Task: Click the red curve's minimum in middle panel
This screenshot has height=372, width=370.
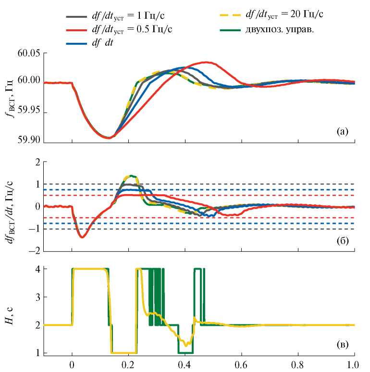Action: point(82,237)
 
